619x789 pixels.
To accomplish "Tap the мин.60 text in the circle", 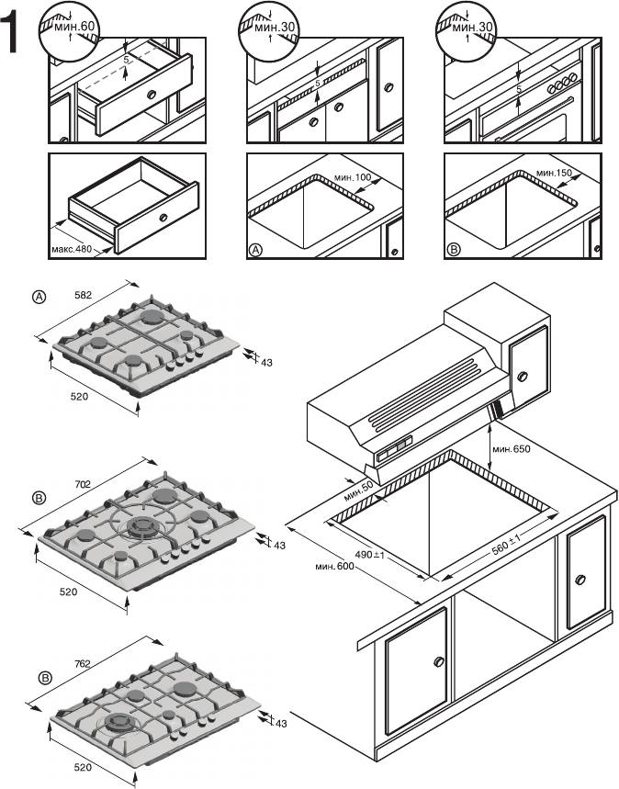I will [x=74, y=28].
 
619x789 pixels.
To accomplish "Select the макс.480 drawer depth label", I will [x=73, y=248].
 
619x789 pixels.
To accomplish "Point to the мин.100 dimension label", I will [x=353, y=176].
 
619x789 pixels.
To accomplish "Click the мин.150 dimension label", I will [x=554, y=173].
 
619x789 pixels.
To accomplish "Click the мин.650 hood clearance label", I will [x=512, y=450].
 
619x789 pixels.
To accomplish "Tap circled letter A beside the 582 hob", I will [x=39, y=297].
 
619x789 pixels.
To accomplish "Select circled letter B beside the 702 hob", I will [x=39, y=499].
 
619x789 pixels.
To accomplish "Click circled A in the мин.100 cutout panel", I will [x=256, y=249].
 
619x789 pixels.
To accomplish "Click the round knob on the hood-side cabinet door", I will [x=523, y=377].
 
